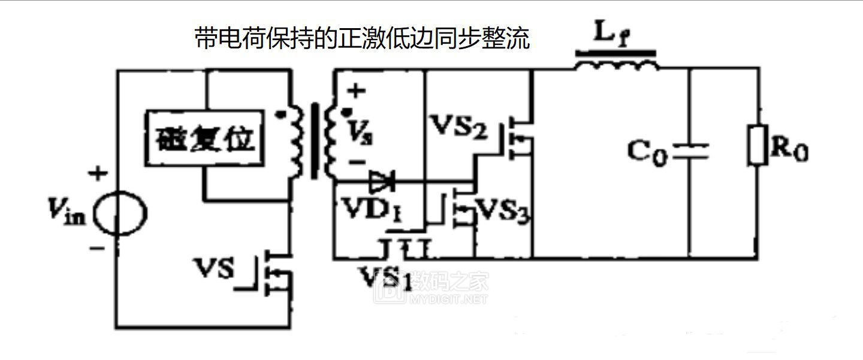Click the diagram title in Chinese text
(x=363, y=40)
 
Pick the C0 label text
(x=647, y=152)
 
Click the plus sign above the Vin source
(x=98, y=174)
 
